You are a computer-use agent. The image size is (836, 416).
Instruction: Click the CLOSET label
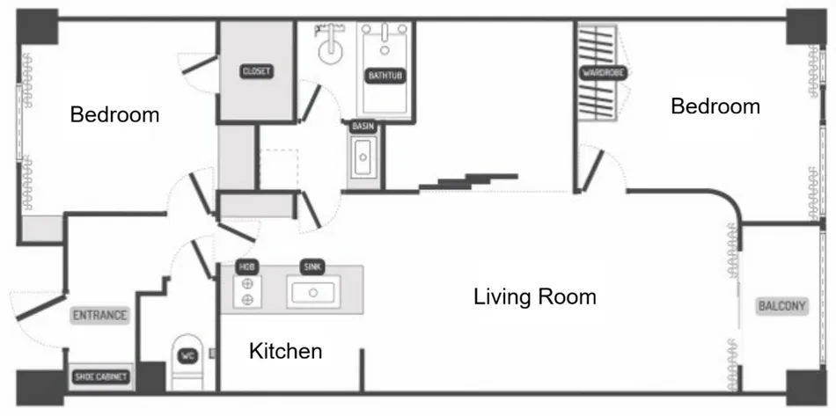tap(256, 71)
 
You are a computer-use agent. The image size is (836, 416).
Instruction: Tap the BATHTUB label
tap(385, 76)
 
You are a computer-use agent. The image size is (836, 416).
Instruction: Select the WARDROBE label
tap(603, 72)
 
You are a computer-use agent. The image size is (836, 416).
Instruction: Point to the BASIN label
tap(363, 127)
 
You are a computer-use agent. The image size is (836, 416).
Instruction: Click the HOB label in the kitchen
tap(246, 266)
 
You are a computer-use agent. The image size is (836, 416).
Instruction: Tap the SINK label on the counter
tap(312, 266)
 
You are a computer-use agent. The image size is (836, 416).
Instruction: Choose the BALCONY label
tap(781, 306)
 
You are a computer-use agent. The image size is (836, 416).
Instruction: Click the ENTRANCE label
tap(100, 316)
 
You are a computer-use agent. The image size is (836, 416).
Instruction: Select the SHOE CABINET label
tap(101, 377)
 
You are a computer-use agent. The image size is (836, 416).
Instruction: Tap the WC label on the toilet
tap(187, 356)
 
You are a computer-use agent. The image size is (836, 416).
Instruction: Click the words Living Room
tap(535, 296)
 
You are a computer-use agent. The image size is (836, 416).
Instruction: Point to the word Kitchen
tap(286, 351)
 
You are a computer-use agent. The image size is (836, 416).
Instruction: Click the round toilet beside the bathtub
tap(332, 44)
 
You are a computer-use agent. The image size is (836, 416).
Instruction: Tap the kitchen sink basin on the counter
tap(313, 292)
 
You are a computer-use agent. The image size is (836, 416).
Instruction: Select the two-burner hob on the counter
tap(247, 292)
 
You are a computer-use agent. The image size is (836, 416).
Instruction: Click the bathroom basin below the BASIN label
tap(363, 157)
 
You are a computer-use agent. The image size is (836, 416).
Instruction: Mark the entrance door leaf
tap(40, 307)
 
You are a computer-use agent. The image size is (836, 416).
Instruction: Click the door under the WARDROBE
tap(593, 171)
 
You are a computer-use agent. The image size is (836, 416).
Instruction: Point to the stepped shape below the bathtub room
tap(468, 181)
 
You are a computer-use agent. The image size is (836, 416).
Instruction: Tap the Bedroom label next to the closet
tap(114, 114)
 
